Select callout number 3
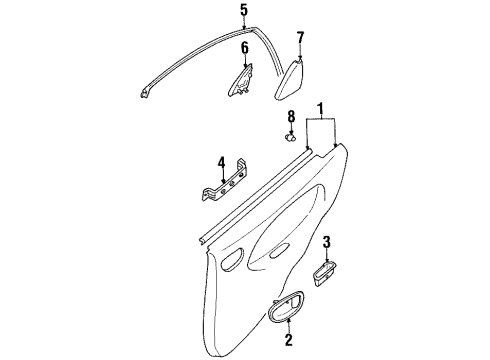[x=327, y=242]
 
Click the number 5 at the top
[x=242, y=11]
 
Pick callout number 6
[x=243, y=48]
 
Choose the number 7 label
[x=299, y=39]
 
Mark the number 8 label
[x=291, y=116]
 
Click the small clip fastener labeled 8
[x=291, y=137]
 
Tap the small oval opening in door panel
[x=232, y=264]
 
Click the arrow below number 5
[x=242, y=25]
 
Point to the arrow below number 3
[x=327, y=256]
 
